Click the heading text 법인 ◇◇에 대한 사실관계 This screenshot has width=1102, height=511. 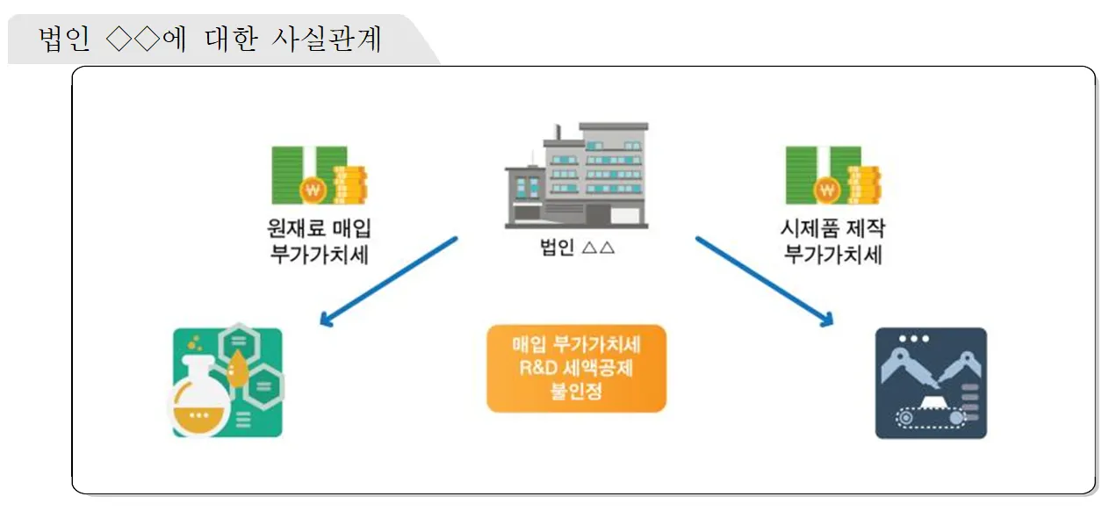tap(211, 40)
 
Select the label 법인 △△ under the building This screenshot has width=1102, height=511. tap(576, 247)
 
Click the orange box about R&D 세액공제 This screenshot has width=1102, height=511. tap(576, 369)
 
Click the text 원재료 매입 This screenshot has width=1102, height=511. tap(318, 229)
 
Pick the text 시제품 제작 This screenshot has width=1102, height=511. tap(832, 229)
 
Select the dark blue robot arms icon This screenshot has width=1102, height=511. tap(931, 384)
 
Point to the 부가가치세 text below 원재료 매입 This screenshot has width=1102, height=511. tap(318, 255)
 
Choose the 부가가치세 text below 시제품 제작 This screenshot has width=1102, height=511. tap(832, 255)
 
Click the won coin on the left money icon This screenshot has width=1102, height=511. tap(313, 189)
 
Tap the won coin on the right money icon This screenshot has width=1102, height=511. tap(826, 189)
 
